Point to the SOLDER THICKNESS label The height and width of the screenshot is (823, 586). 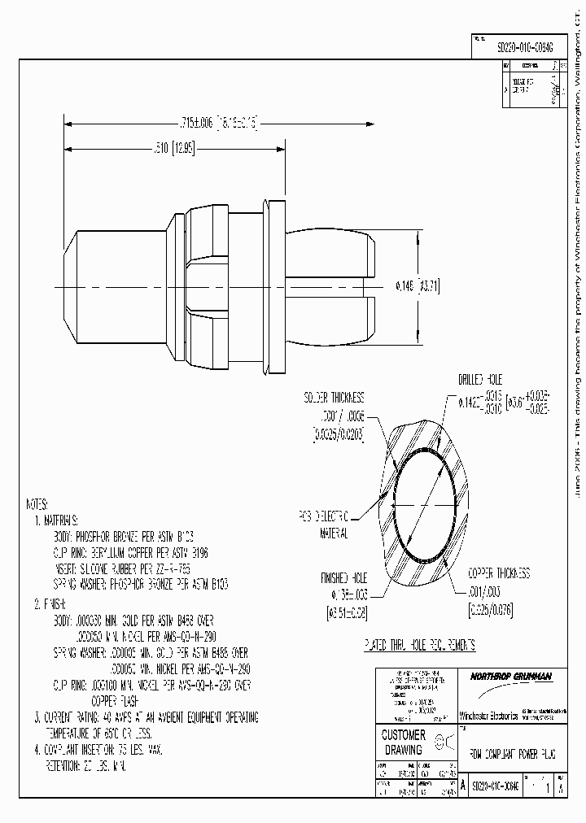coord(334,398)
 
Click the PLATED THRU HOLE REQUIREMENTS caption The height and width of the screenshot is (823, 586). coord(419,645)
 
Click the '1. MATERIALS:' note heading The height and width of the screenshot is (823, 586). coord(55,519)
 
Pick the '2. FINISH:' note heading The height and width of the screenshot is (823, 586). coord(50,605)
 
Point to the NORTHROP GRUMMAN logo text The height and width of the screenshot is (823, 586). coord(511,676)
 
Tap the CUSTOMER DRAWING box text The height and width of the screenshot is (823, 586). coord(404,742)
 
